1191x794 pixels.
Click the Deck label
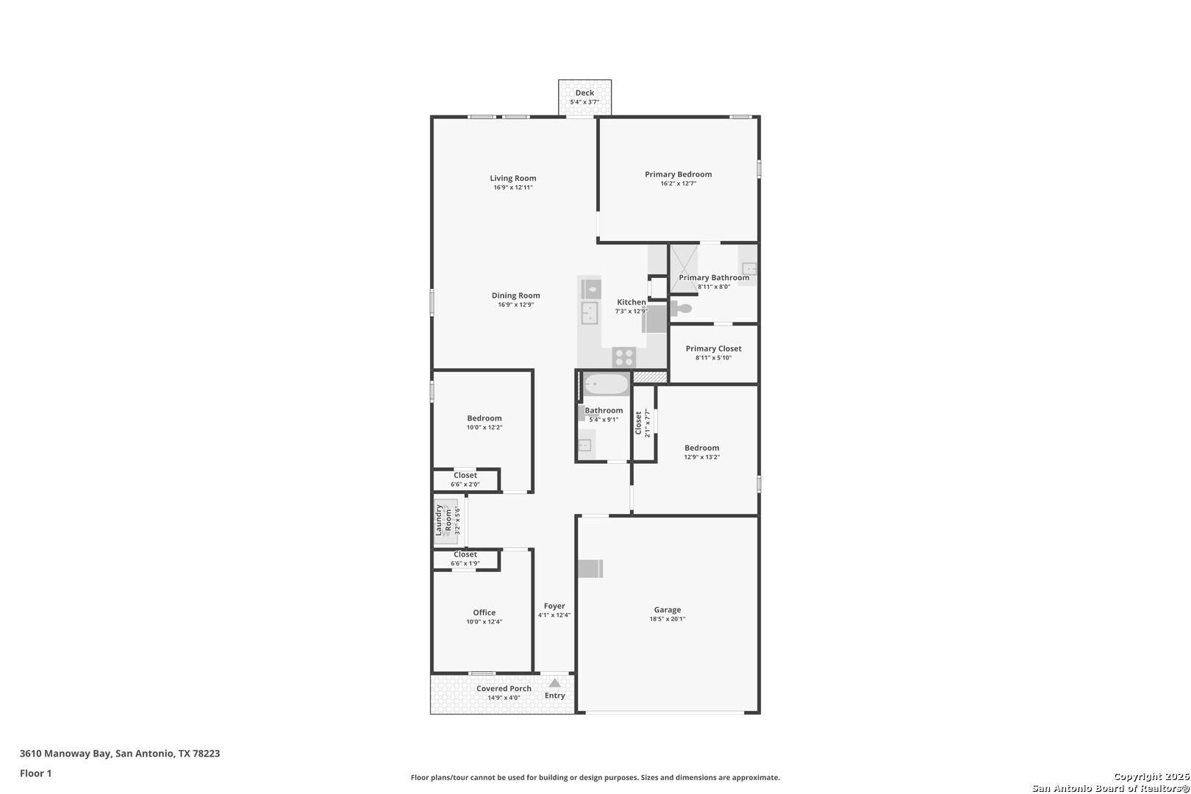tap(584, 93)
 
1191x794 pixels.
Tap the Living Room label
tap(513, 178)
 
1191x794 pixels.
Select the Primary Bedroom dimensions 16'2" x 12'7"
tap(678, 184)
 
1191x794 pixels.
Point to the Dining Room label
tap(516, 296)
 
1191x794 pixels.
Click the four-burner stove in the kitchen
tap(623, 357)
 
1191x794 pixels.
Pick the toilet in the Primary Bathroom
tap(681, 308)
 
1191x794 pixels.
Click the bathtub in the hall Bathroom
tap(606, 384)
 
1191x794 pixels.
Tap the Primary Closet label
tap(714, 349)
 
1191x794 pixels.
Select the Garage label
tap(668, 610)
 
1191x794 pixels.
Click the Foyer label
tap(554, 607)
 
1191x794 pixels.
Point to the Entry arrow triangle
tap(554, 683)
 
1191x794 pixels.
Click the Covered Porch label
tap(504, 689)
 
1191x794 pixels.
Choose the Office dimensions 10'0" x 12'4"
tap(484, 622)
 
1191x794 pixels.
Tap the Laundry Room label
tap(443, 521)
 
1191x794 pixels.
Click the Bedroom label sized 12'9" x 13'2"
tap(702, 448)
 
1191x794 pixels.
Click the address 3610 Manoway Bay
tap(65, 754)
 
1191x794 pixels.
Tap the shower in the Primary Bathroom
tap(684, 268)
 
